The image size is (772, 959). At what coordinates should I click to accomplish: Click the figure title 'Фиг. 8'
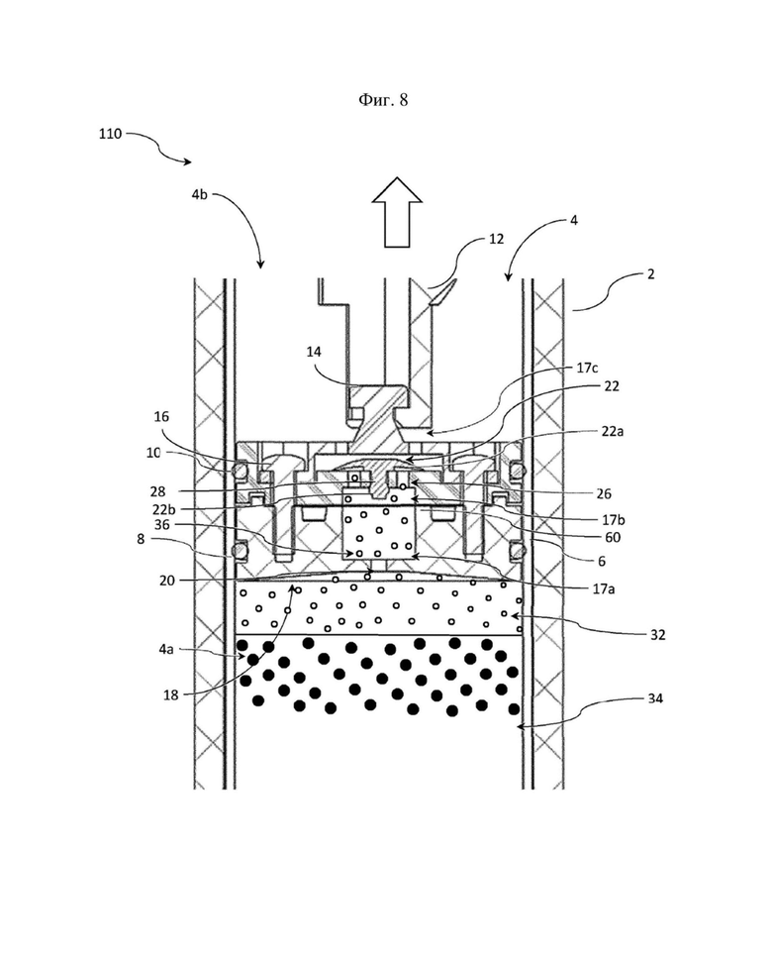[x=383, y=100]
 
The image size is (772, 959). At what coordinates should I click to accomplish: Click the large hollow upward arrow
[x=397, y=212]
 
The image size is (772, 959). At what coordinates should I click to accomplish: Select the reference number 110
[x=111, y=134]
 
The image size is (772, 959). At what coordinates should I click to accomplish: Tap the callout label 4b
[x=199, y=195]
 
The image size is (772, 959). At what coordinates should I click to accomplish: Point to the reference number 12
[x=496, y=239]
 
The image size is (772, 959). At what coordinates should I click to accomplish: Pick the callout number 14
[x=314, y=352]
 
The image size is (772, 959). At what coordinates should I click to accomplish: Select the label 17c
[x=587, y=368]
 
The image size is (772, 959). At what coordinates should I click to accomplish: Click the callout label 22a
[x=613, y=431]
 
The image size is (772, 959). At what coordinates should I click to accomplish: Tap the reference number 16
[x=160, y=416]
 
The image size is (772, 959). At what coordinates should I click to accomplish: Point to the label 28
[x=157, y=491]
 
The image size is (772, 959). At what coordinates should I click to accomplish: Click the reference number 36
[x=162, y=525]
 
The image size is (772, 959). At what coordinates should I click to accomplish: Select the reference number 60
[x=612, y=537]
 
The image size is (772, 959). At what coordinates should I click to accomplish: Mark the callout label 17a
[x=603, y=588]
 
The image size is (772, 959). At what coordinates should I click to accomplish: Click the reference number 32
[x=657, y=635]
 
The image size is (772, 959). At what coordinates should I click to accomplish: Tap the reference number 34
[x=654, y=697]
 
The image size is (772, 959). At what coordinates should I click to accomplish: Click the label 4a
[x=165, y=649]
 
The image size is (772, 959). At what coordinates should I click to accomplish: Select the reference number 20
[x=167, y=581]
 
